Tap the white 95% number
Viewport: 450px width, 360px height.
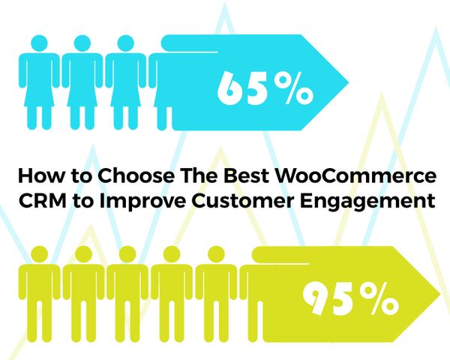click(350, 298)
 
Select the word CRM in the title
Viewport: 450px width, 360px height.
click(43, 200)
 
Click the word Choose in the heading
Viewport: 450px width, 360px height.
click(136, 175)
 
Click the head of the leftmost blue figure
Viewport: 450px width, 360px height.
click(39, 43)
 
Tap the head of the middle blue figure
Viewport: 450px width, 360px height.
click(82, 43)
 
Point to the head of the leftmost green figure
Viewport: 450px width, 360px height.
click(39, 254)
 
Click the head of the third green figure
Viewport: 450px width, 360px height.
click(127, 254)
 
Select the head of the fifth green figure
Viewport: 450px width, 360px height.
click(216, 254)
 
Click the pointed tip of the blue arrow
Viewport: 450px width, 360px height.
click(348, 82)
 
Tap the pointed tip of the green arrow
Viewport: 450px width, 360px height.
click(439, 294)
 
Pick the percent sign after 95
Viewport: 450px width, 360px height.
click(379, 298)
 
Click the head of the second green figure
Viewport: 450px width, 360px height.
click(83, 254)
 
